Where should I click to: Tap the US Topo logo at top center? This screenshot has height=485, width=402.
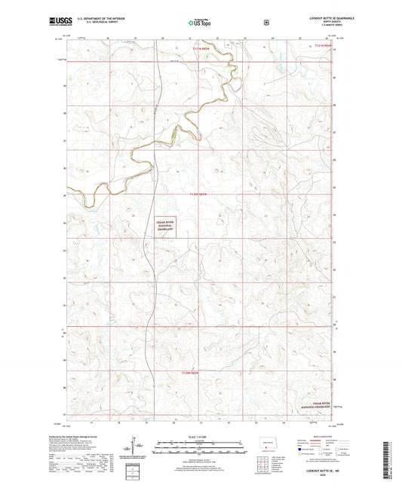(x=201, y=23)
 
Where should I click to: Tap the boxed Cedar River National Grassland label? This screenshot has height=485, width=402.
(x=164, y=227)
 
